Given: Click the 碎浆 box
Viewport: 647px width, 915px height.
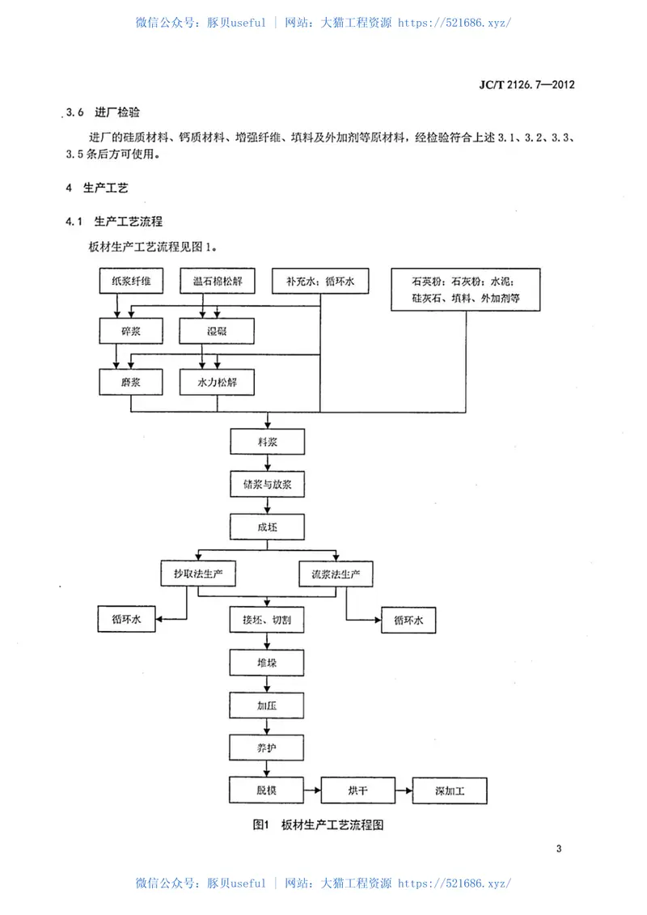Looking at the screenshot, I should click(x=131, y=330).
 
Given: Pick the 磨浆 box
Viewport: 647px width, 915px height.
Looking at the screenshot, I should click(x=131, y=381).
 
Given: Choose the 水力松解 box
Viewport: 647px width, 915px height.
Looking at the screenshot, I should click(x=217, y=381).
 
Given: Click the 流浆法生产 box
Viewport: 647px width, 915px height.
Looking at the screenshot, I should click(x=336, y=574).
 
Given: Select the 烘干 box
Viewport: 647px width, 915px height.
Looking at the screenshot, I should click(x=358, y=790).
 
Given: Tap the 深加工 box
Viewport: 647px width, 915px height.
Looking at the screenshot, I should click(x=450, y=790).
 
